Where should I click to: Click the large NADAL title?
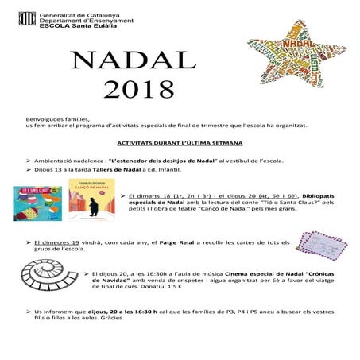point(132,62)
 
